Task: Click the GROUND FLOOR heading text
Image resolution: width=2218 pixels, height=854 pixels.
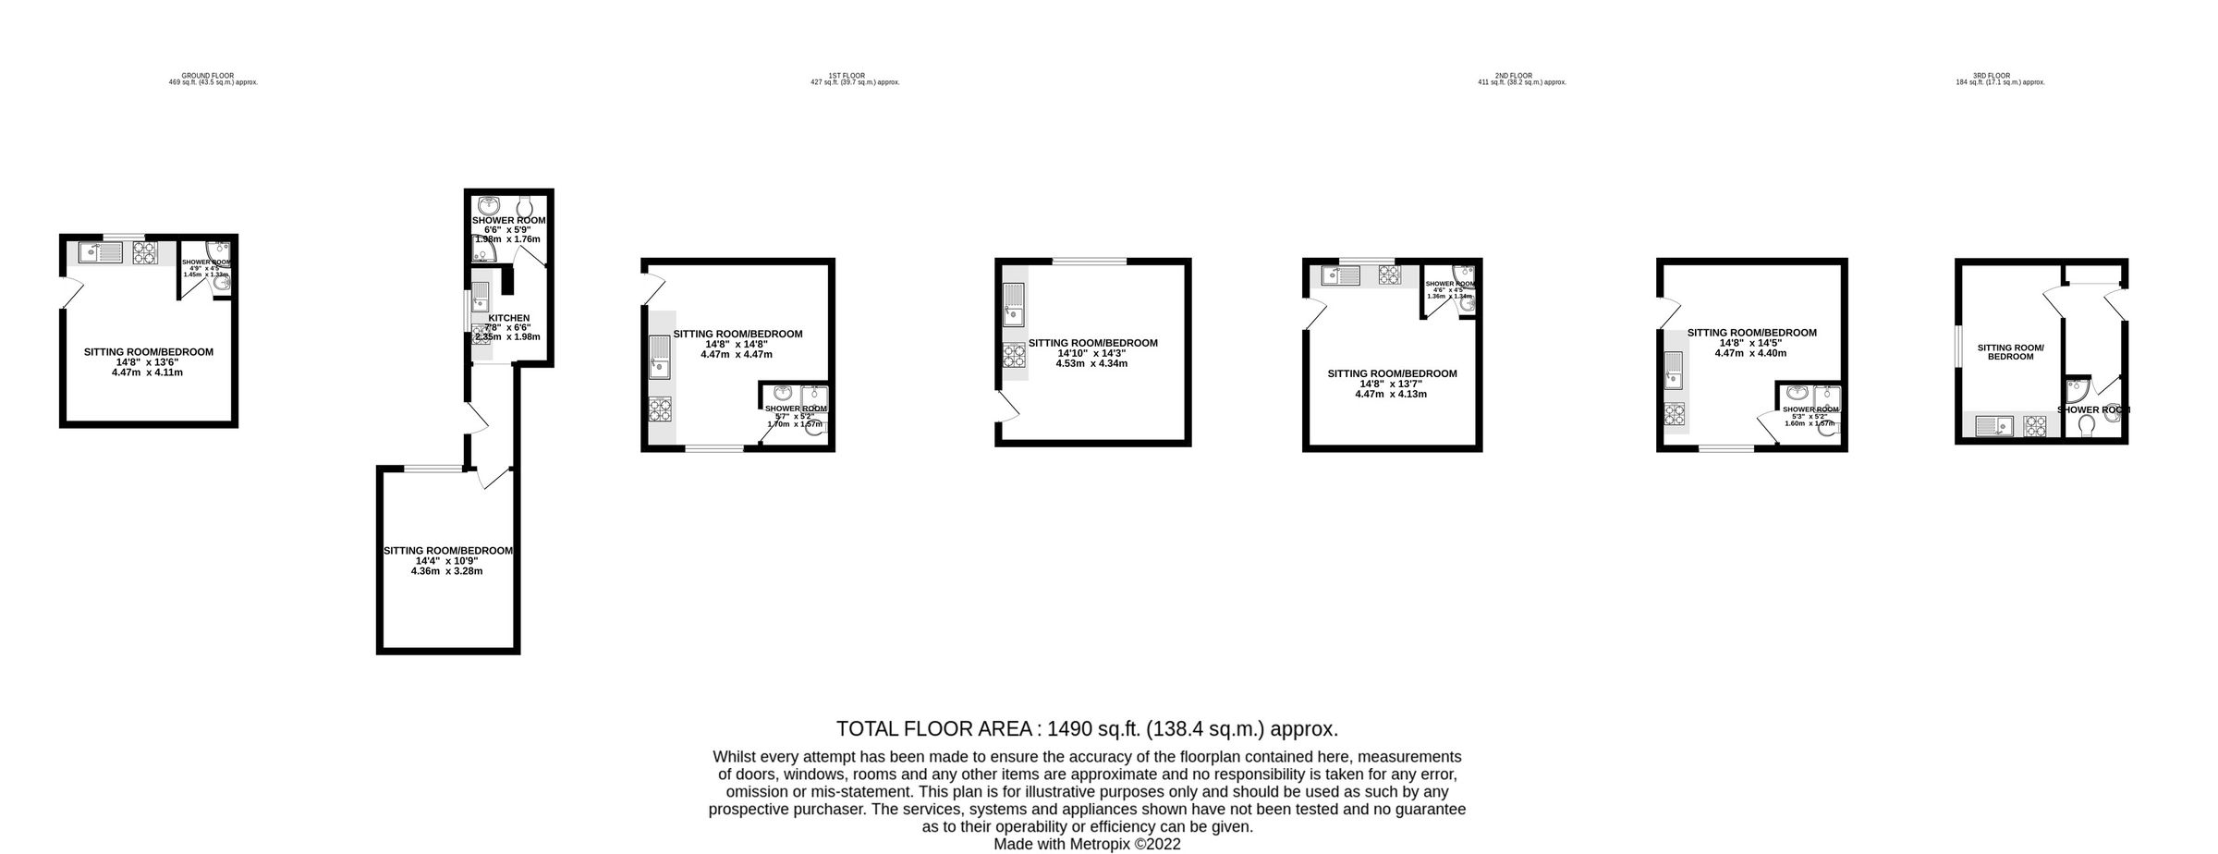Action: pyautogui.click(x=207, y=76)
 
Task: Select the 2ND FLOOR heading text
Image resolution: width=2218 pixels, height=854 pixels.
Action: pyautogui.click(x=1513, y=76)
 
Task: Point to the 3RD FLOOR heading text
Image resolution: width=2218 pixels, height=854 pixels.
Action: pyautogui.click(x=1991, y=76)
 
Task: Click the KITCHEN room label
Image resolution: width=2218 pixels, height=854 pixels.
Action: pyautogui.click(x=508, y=318)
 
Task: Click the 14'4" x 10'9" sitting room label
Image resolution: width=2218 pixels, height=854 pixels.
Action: pyautogui.click(x=447, y=551)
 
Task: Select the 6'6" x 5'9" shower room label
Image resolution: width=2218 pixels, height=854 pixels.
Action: pyautogui.click(x=508, y=221)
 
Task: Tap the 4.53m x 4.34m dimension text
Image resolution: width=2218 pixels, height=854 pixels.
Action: pyautogui.click(x=1092, y=363)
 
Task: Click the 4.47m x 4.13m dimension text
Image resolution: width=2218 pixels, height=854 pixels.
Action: pyautogui.click(x=1391, y=394)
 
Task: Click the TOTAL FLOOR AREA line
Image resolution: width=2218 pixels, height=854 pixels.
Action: pyautogui.click(x=1087, y=729)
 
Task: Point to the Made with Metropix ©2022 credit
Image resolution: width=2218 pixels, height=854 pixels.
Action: pyautogui.click(x=1087, y=844)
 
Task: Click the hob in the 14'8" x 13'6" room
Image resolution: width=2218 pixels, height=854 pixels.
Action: pyautogui.click(x=145, y=251)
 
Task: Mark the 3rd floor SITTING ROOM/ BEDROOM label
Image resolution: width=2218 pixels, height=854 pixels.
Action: pyautogui.click(x=2010, y=352)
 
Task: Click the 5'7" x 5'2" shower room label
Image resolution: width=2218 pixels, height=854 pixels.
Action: pyautogui.click(x=796, y=409)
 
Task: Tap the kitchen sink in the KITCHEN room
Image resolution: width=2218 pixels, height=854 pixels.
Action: pyautogui.click(x=481, y=297)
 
